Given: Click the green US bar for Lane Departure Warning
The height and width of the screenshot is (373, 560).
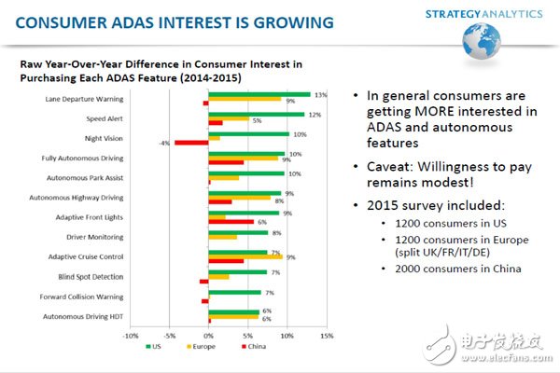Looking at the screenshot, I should pos(259,93).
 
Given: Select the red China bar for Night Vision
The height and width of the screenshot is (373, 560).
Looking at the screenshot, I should pos(190,143).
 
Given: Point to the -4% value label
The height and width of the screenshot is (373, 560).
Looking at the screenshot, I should pos(164,143).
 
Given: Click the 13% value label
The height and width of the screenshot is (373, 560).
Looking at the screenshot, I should pos(320,94).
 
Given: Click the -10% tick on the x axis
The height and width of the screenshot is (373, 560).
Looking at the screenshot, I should pos(131,336).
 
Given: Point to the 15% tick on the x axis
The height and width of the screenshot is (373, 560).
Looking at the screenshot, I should pos(326,336).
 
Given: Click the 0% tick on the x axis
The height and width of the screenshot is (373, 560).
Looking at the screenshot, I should pos(208,336).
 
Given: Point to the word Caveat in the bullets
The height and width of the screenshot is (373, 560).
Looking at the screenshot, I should pos(385,163).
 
